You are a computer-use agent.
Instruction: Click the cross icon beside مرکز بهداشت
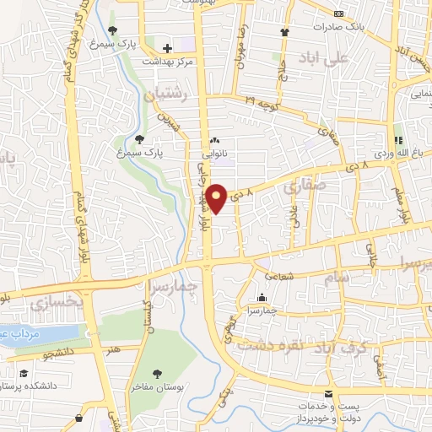167,48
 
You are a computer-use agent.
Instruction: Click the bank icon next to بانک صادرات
339,13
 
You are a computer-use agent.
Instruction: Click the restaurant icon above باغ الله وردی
398,139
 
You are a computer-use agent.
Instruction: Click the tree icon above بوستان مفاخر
157,373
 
